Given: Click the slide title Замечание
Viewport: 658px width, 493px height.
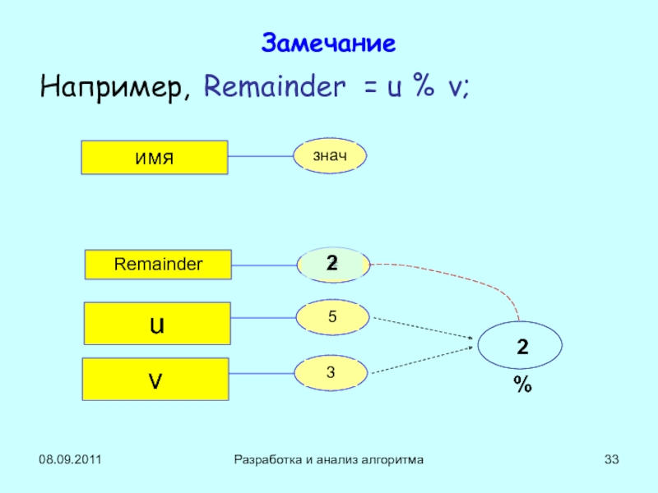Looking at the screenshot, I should [328, 43].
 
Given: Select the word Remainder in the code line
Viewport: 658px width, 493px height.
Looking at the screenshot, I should [275, 86].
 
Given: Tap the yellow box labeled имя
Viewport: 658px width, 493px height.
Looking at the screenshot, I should [154, 157].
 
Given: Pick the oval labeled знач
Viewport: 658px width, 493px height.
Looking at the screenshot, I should [330, 155].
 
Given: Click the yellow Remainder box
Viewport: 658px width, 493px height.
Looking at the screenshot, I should [158, 265].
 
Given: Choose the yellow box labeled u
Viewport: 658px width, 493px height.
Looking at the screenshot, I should [157, 323].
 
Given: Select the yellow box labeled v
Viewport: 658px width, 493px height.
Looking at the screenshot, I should [155, 379].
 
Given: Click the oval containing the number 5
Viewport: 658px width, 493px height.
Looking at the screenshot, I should [331, 316].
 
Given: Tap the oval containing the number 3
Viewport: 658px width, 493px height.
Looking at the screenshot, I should [331, 372].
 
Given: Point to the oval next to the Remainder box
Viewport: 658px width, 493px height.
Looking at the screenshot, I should [332, 264].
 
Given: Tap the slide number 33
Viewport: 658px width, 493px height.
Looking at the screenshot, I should [611, 460].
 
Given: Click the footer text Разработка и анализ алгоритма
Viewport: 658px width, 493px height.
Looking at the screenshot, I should [329, 460].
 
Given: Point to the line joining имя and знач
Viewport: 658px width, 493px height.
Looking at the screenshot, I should [261, 156].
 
